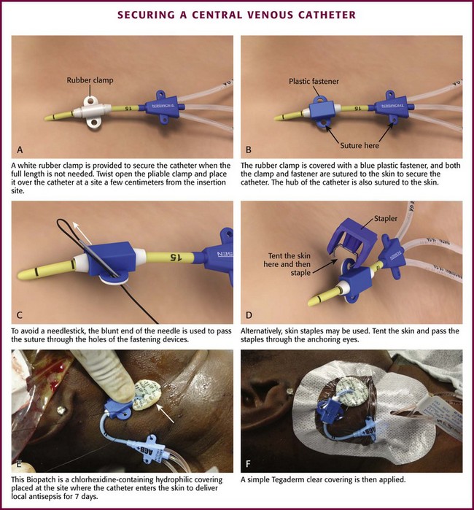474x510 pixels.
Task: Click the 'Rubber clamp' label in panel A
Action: click(x=90, y=80)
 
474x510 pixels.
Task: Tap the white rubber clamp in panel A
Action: click(x=92, y=111)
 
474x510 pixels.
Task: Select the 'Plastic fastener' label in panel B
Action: click(x=314, y=81)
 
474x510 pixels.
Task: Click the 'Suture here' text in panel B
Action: click(x=360, y=145)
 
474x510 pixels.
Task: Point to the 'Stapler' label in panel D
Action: click(x=386, y=218)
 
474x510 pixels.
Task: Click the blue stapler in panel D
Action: click(x=351, y=242)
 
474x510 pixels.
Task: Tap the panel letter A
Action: click(x=20, y=150)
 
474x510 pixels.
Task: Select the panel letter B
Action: click(x=249, y=150)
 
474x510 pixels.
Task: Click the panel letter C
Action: click(x=20, y=315)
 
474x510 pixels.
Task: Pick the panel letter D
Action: click(x=249, y=315)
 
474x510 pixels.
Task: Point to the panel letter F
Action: click(x=248, y=463)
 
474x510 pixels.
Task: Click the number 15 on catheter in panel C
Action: click(x=175, y=258)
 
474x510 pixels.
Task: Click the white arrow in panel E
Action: click(x=166, y=414)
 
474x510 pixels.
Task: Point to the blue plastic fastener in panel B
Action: click(x=322, y=111)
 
